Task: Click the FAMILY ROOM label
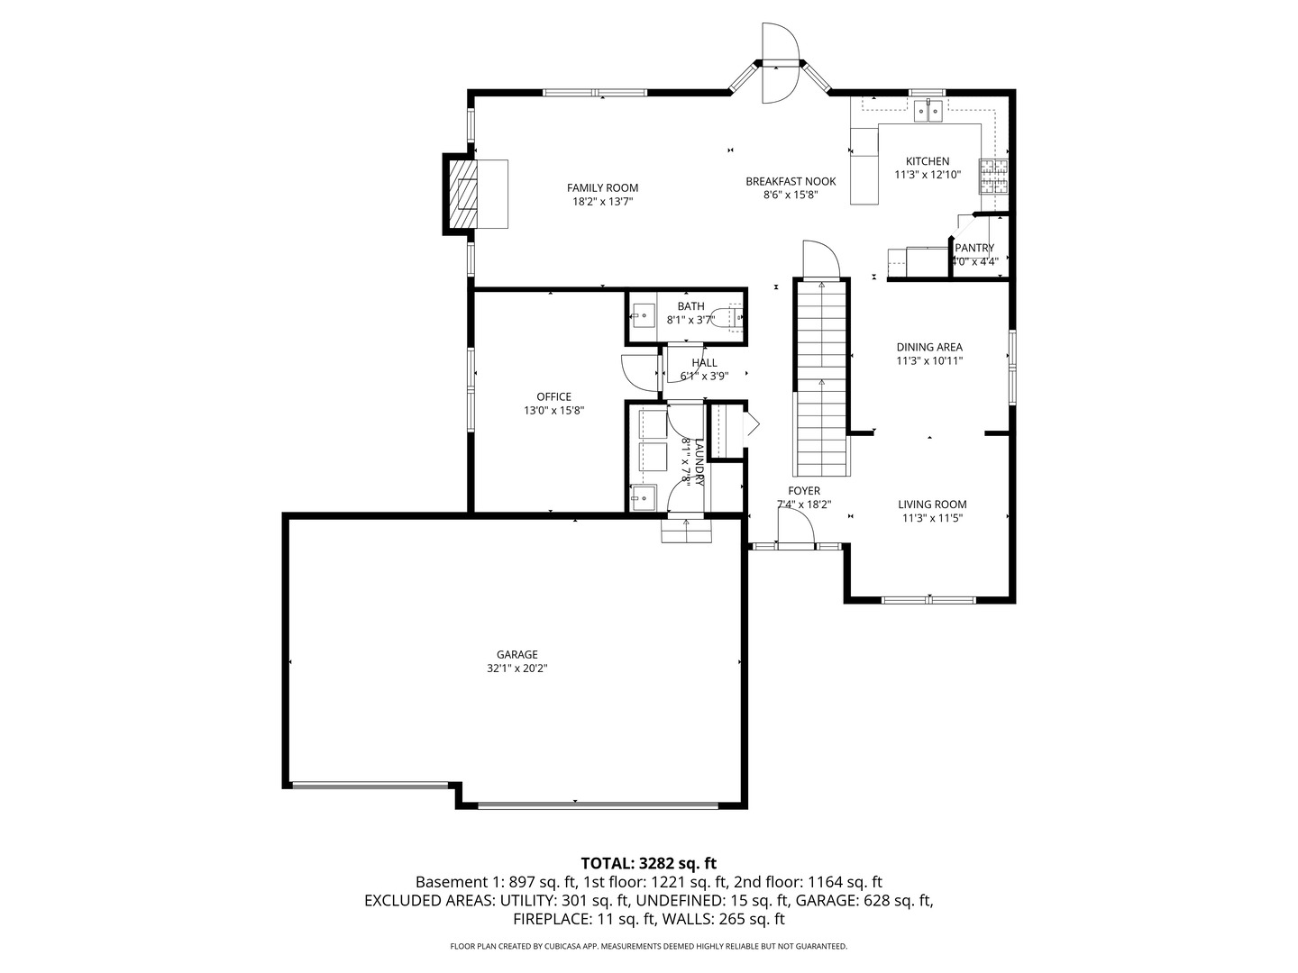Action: pos(602,187)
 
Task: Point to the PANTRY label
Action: pos(974,248)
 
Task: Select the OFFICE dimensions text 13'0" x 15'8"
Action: pos(553,411)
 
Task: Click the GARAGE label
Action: pos(516,654)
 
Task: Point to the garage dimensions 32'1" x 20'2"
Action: pos(516,668)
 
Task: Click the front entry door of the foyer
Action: pos(796,544)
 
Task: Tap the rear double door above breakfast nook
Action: pos(780,63)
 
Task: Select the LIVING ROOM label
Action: pos(932,505)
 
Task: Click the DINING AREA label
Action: pos(928,347)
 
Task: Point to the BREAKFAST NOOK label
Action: pos(791,181)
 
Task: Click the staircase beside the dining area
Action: pos(821,378)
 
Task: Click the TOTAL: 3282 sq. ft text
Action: pos(649,863)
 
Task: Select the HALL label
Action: pos(704,362)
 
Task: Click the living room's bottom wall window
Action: pos(928,599)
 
